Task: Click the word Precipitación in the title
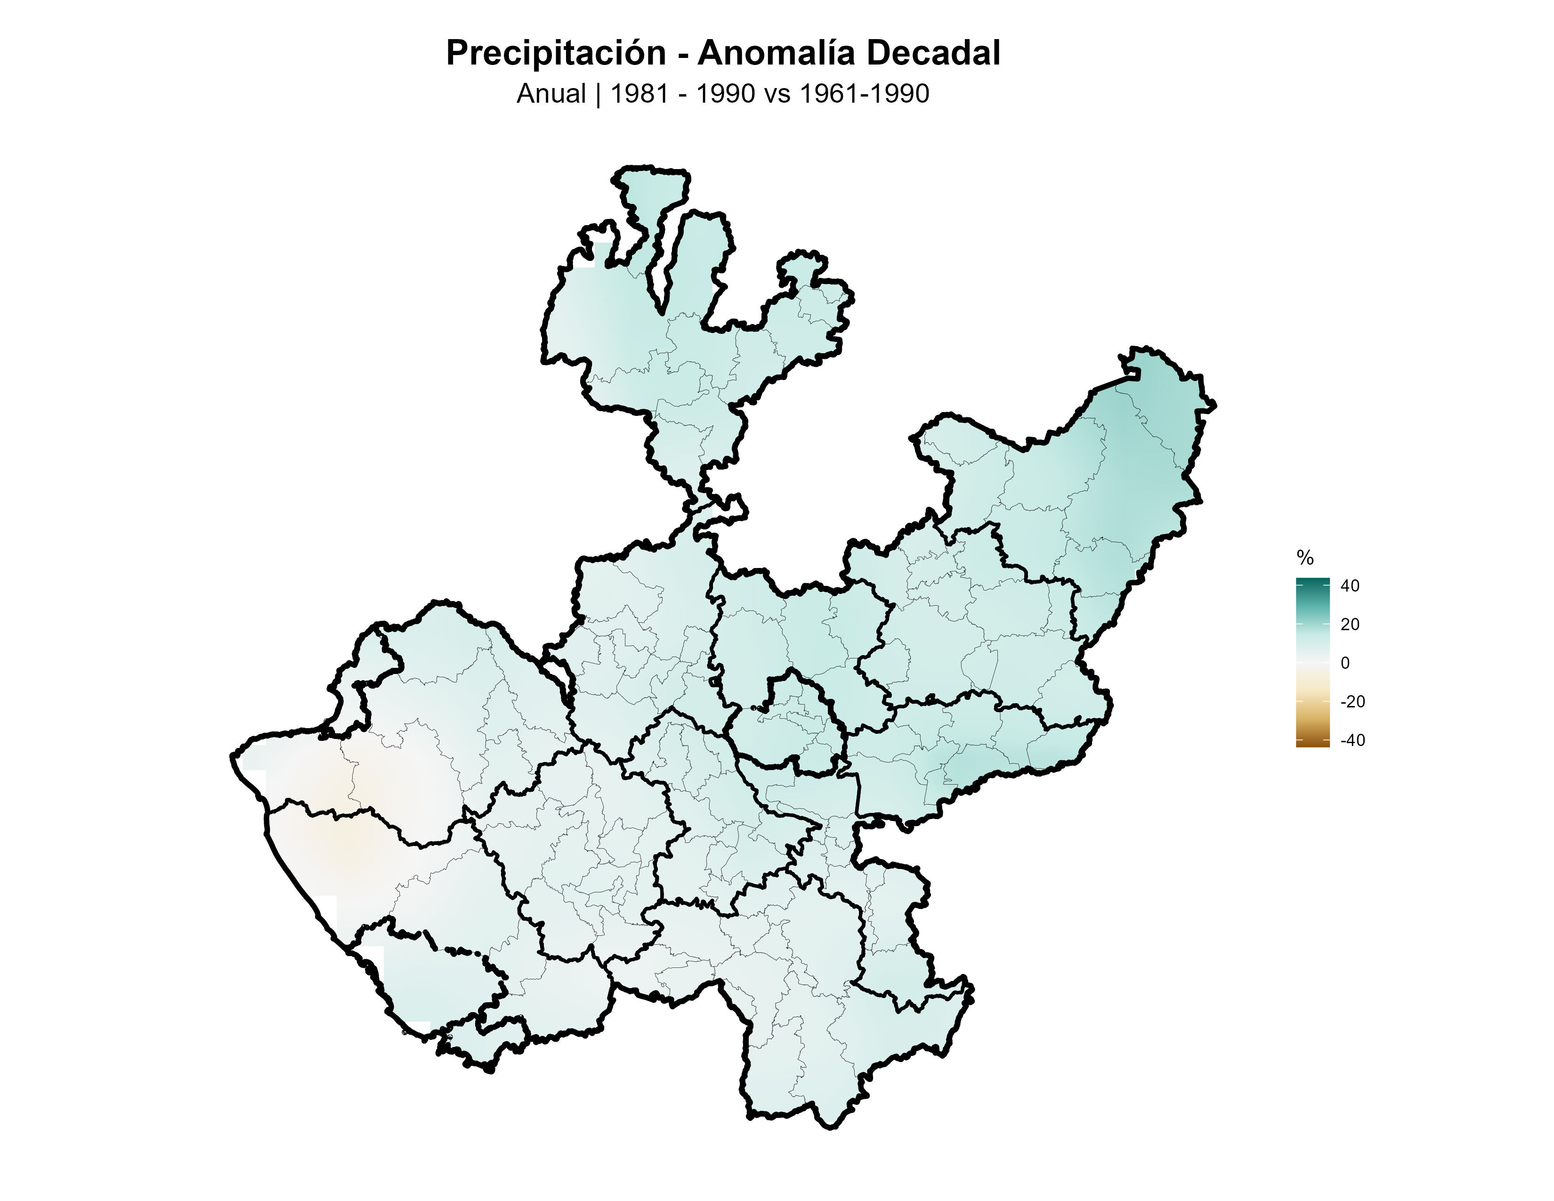click(x=556, y=53)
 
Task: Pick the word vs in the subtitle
click(x=776, y=94)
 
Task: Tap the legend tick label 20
click(x=1349, y=624)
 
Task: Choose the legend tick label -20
click(x=1352, y=702)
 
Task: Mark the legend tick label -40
click(x=1352, y=740)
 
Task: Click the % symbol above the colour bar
click(x=1304, y=557)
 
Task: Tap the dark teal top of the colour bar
click(x=1312, y=582)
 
